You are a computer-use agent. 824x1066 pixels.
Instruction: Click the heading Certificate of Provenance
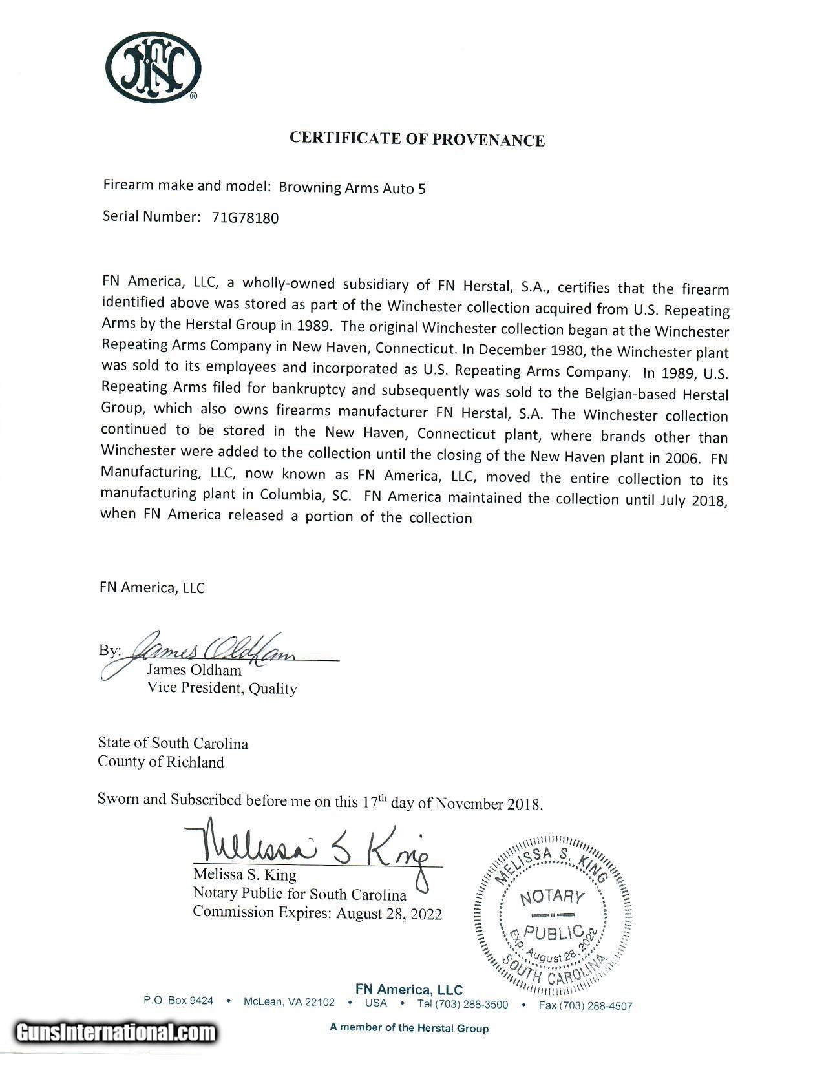417,139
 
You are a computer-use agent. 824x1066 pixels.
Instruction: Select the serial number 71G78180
245,218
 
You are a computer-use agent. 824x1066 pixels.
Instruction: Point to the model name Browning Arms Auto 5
352,187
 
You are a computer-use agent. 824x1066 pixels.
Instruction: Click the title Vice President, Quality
222,688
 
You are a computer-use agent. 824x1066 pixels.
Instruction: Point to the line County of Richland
161,762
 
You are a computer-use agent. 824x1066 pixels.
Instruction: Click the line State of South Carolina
173,743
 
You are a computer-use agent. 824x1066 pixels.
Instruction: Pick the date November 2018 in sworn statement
489,804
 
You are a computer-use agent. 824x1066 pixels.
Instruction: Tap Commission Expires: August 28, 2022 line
317,913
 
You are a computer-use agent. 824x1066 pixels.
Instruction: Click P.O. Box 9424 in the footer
178,1001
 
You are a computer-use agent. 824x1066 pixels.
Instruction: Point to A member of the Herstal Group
409,1028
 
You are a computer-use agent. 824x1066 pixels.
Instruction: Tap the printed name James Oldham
194,670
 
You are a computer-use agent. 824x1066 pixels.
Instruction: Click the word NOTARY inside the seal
551,897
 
